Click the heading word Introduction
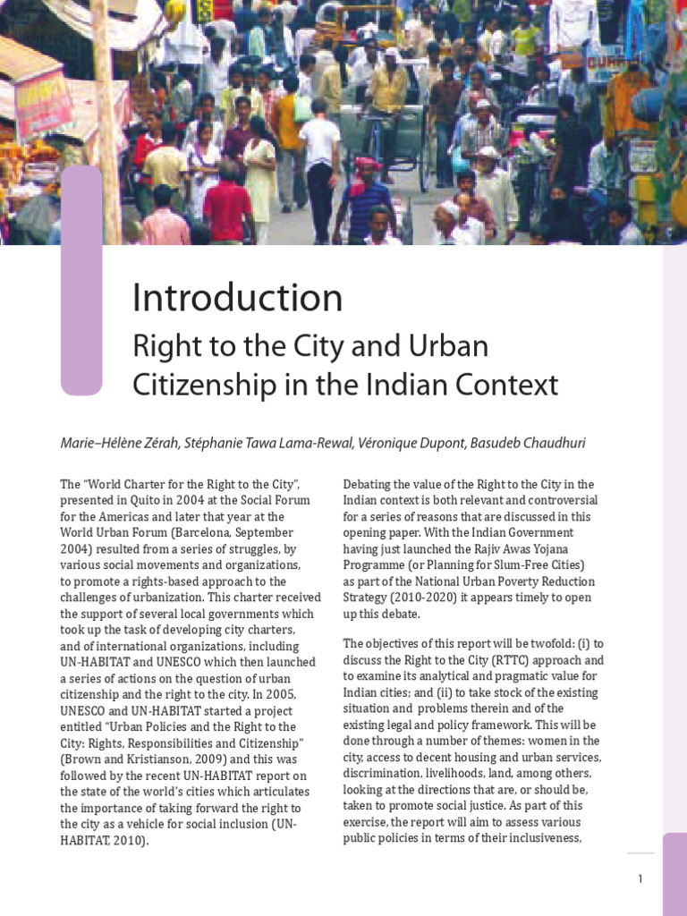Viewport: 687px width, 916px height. (237, 299)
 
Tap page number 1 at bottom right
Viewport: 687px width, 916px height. (640, 878)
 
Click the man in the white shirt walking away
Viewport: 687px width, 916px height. (319, 170)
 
